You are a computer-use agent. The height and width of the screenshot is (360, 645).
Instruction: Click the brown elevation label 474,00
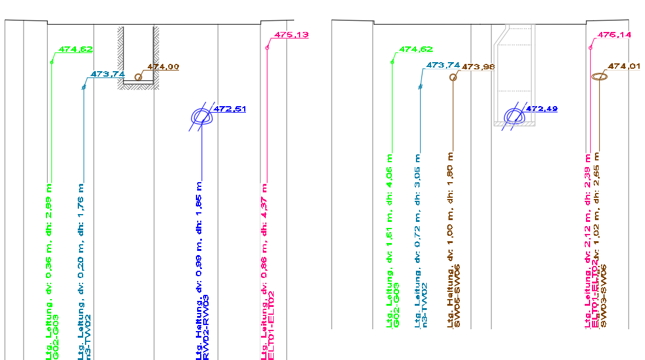[x=163, y=67]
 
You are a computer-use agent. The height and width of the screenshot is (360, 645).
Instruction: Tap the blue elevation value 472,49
[x=541, y=109]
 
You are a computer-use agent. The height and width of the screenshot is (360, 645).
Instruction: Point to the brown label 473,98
[x=478, y=66]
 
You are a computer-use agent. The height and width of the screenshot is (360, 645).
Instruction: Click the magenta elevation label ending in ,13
[x=291, y=35]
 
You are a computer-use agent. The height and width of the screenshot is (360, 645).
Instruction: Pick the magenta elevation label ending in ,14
[x=614, y=35]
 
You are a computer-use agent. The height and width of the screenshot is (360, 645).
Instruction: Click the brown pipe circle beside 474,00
[x=139, y=77]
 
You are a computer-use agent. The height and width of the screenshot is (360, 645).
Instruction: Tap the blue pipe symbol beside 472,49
[x=514, y=115]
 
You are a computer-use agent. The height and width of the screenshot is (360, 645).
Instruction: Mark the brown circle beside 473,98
[x=454, y=77]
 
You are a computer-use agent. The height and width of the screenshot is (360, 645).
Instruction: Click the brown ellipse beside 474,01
[x=599, y=77]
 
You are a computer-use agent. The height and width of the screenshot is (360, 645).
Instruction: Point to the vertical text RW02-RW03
[x=206, y=327]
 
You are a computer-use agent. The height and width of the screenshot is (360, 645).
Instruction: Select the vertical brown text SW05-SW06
[x=458, y=296]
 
